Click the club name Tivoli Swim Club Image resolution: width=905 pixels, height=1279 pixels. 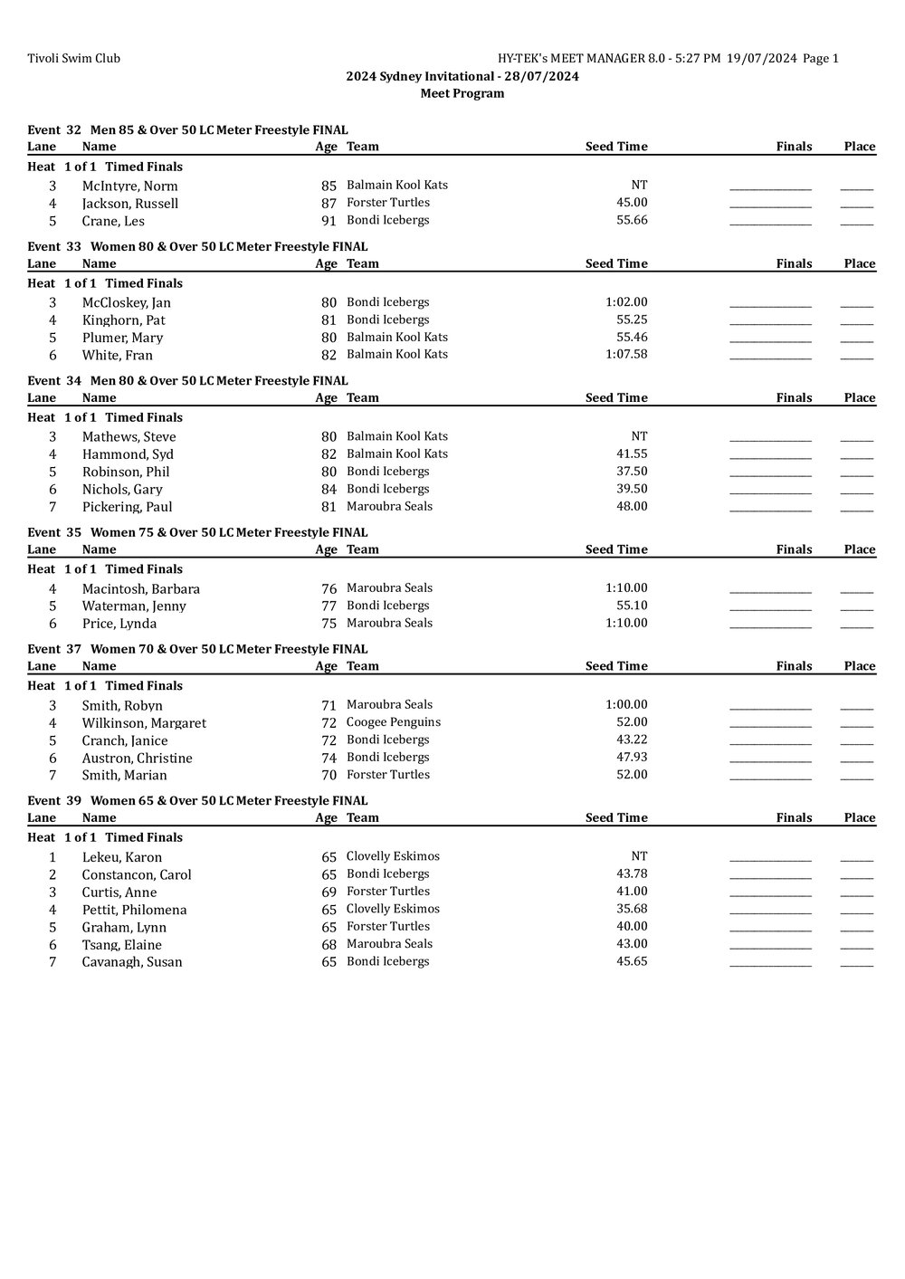(x=73, y=59)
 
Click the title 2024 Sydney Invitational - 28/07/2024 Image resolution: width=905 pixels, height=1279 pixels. (x=462, y=76)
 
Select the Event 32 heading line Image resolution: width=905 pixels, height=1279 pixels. (x=187, y=130)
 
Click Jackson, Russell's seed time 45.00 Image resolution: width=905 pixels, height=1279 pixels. (x=632, y=203)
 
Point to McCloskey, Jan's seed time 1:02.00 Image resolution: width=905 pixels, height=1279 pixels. (x=626, y=302)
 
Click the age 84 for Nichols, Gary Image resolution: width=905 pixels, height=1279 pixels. (x=329, y=490)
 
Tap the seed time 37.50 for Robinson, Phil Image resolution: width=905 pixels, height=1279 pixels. (x=632, y=472)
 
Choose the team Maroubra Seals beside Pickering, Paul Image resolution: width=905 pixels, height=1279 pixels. (x=389, y=507)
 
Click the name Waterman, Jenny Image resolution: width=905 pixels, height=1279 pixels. (x=134, y=606)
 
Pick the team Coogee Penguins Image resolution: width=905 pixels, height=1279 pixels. (x=394, y=722)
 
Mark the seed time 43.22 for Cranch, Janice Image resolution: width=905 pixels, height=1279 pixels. (x=632, y=740)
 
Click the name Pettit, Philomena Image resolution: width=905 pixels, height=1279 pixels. (x=134, y=910)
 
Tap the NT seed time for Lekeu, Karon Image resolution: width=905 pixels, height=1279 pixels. (x=639, y=856)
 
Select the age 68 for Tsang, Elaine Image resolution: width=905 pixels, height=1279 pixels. (x=329, y=944)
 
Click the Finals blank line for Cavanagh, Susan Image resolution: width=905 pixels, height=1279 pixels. (x=770, y=964)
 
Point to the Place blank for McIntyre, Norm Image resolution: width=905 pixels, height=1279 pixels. (x=856, y=187)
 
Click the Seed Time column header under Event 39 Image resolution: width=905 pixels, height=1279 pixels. (x=616, y=817)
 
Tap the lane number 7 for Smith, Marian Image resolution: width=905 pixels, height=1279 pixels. (x=52, y=775)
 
